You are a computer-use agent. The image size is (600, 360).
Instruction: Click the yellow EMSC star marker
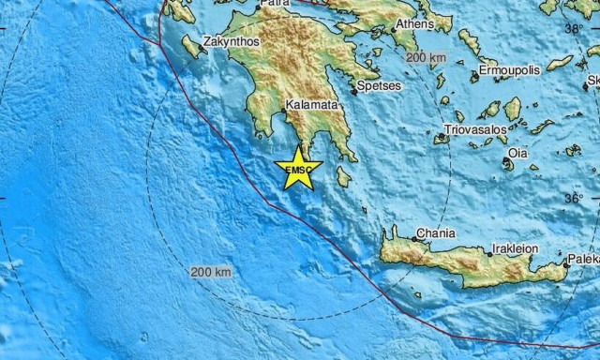(x=298, y=169)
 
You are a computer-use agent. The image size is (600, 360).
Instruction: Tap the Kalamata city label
(x=310, y=105)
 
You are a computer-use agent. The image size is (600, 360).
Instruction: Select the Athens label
(x=414, y=24)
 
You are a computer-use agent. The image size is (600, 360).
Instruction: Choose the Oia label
(x=517, y=153)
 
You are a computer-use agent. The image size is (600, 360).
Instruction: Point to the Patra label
(x=275, y=4)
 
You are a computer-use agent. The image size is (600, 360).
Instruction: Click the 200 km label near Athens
(x=427, y=58)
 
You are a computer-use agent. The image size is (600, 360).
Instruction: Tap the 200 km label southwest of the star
(x=211, y=272)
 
